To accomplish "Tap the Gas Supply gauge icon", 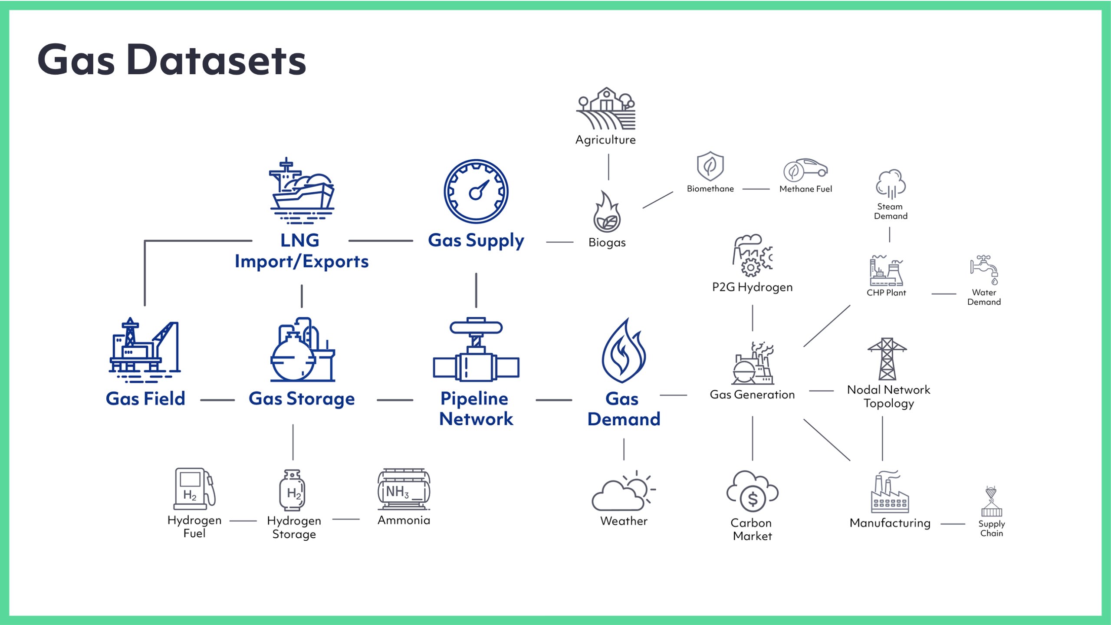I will click(x=476, y=191).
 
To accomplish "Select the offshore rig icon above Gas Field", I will click(x=145, y=350).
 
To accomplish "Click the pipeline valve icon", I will click(x=476, y=350).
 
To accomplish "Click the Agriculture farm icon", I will click(x=606, y=109).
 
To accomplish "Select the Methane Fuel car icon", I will click(x=805, y=170).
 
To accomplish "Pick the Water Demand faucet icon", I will click(x=984, y=270).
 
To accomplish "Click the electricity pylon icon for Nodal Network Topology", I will click(x=887, y=359).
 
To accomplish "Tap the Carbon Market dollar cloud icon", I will click(x=753, y=492).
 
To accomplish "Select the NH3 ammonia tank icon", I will click(x=404, y=490).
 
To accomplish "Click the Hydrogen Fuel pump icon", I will click(x=194, y=488).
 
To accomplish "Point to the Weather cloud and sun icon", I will click(x=624, y=491).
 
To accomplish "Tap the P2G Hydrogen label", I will click(x=752, y=287).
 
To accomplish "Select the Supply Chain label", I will click(x=992, y=528).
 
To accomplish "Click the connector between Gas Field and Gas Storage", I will click(x=217, y=400).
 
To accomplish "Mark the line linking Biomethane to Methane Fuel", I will click(x=756, y=189).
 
